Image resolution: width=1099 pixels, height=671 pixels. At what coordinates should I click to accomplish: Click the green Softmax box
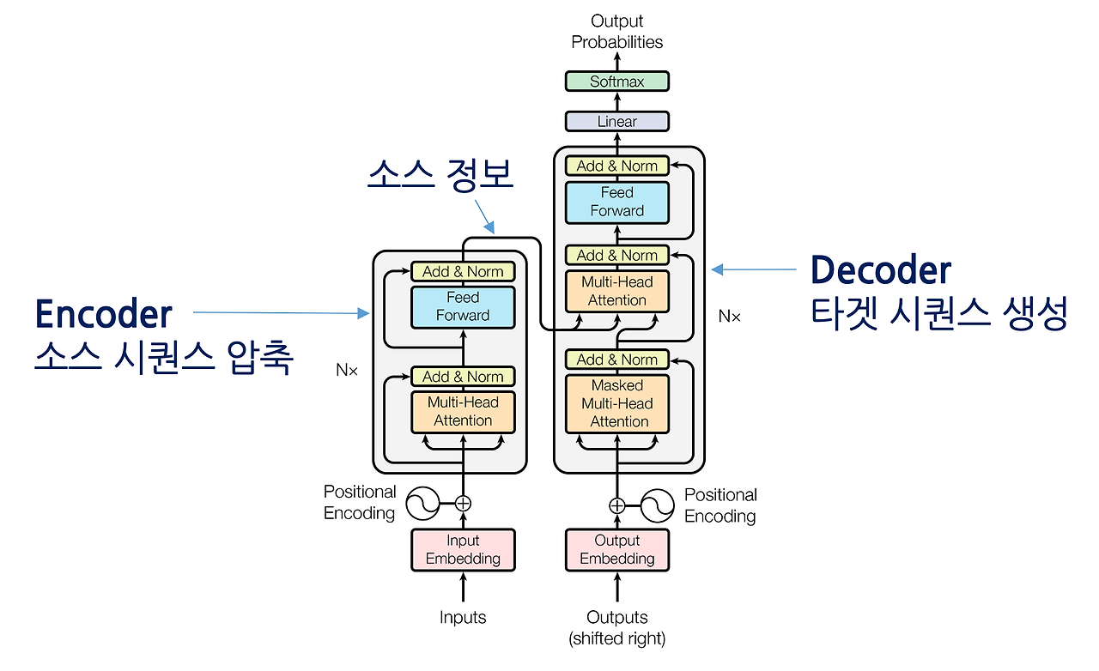(616, 82)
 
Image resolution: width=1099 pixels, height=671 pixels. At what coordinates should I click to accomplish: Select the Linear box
(616, 122)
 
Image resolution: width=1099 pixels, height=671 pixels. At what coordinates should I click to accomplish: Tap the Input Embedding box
(463, 550)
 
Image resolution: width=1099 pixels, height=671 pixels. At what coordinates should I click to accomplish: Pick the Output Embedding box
(616, 550)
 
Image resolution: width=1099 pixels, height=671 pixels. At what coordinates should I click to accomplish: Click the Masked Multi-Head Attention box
(616, 403)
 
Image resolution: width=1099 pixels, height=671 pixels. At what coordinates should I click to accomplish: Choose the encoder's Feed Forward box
(463, 307)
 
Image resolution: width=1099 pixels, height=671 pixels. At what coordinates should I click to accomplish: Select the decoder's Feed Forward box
(616, 203)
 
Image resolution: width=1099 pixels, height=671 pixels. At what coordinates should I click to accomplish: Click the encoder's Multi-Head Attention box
(463, 412)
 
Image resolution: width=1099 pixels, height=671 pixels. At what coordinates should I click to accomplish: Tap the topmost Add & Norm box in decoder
(616, 166)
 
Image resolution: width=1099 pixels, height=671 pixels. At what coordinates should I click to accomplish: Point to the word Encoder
(104, 314)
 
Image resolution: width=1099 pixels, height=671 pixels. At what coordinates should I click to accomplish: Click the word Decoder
(881, 269)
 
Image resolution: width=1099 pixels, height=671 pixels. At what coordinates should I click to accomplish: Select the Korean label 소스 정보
(440, 175)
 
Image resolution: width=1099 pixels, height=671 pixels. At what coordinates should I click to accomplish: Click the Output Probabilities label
(616, 32)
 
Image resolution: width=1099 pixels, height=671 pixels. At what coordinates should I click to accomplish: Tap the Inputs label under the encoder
(463, 617)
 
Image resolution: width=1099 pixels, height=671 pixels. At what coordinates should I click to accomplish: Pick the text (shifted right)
(616, 638)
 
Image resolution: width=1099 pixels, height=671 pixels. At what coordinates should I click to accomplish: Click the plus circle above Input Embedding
(463, 503)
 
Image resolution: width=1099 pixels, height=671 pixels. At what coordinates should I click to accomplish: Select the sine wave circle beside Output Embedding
(658, 505)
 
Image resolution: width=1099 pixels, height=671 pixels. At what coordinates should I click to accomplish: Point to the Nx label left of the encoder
(347, 370)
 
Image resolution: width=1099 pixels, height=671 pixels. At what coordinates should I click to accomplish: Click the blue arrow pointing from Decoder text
(754, 269)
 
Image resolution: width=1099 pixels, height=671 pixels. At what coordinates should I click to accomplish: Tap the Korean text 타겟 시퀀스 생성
(938, 313)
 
